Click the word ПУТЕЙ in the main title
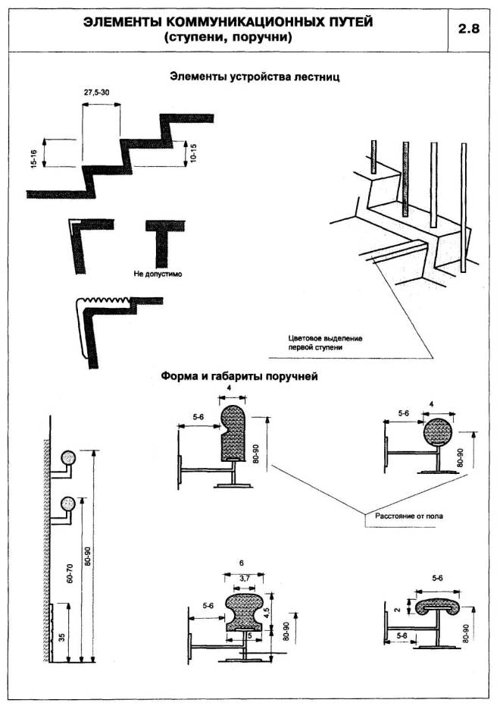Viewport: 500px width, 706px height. tap(340, 22)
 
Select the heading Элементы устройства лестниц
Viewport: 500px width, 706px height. tap(255, 77)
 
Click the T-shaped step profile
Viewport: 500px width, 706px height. tap(161, 240)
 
